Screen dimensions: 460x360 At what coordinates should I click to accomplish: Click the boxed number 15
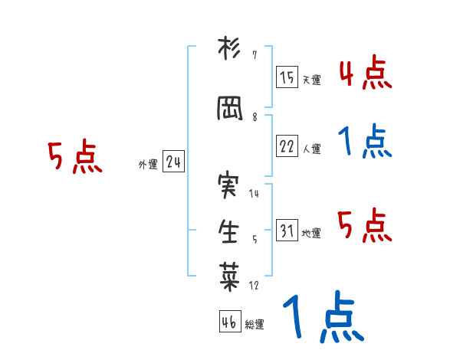[287, 78]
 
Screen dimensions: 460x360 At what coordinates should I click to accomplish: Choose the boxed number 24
[173, 163]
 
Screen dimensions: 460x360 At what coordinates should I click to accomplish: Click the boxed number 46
[229, 322]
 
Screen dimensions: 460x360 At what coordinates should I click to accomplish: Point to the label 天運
[311, 80]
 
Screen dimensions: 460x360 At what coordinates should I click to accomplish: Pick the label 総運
[255, 324]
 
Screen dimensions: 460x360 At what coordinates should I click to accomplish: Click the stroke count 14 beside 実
[254, 194]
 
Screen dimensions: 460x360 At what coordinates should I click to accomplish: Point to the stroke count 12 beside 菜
[254, 286]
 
